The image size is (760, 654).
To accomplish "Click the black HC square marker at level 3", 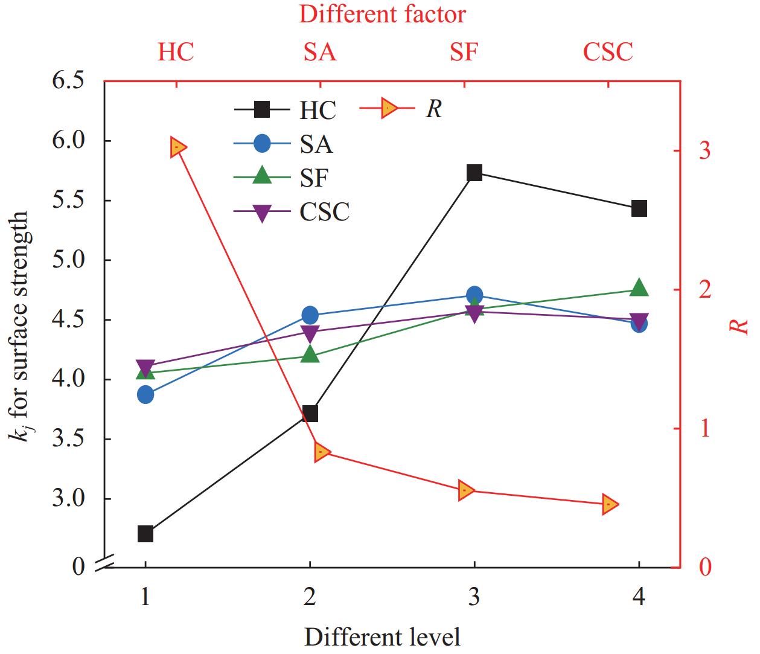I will pyautogui.click(x=474, y=173).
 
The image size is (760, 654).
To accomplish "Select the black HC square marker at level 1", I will pyautogui.click(x=145, y=534).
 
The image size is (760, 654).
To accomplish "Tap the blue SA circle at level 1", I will pyautogui.click(x=145, y=395).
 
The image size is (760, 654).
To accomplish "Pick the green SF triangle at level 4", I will pyautogui.click(x=639, y=288).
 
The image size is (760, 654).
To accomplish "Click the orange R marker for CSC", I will pyautogui.click(x=610, y=504).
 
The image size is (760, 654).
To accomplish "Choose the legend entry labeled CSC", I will pyautogui.click(x=324, y=212).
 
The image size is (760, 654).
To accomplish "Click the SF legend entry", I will pyautogui.click(x=314, y=178).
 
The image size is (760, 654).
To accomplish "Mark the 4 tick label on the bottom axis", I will pyautogui.click(x=639, y=597).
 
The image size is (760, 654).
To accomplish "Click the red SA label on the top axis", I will pyautogui.click(x=320, y=53).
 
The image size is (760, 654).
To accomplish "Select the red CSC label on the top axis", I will pyautogui.click(x=608, y=53).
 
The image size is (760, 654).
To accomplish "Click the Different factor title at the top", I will pyautogui.click(x=383, y=14).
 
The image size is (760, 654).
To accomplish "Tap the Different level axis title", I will pyautogui.click(x=382, y=636).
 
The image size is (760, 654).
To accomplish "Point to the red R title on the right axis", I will pyautogui.click(x=739, y=327).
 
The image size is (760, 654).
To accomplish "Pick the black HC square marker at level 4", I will pyautogui.click(x=639, y=209).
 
